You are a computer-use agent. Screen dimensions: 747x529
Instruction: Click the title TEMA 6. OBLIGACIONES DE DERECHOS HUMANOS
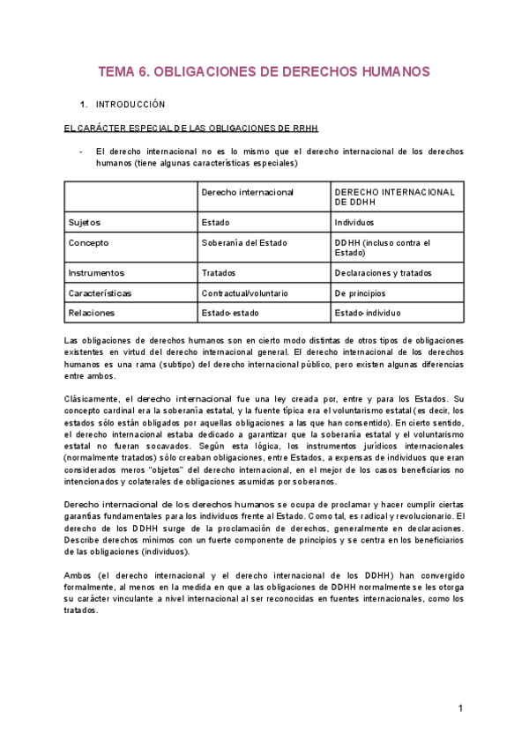pos(264,71)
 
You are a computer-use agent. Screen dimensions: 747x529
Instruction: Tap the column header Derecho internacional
pos(248,191)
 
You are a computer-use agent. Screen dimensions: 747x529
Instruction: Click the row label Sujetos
pos(85,223)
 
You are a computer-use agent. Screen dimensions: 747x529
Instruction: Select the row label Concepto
pos(89,243)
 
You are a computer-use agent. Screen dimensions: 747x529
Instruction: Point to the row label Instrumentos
pos(96,273)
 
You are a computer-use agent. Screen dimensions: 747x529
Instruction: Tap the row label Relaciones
pos(92,312)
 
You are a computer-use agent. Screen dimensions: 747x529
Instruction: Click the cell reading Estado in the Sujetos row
pos(216,223)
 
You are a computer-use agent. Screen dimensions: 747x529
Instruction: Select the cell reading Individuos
pos(354,223)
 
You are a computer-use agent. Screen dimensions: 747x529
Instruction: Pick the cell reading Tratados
pos(219,273)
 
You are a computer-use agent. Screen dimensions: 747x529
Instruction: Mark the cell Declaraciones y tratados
pos(384,273)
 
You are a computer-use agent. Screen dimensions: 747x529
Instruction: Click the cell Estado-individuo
pos(368,312)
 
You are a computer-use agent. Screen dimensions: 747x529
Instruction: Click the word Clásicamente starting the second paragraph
pos(93,398)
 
